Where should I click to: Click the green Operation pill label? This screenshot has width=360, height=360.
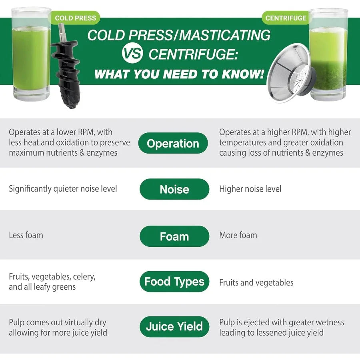pyautogui.click(x=173, y=143)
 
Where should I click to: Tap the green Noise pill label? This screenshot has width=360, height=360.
pyautogui.click(x=174, y=189)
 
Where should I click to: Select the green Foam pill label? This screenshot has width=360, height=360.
pyautogui.click(x=174, y=236)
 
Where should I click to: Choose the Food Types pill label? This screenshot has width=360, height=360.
pyautogui.click(x=174, y=282)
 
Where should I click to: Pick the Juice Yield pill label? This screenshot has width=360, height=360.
pyautogui.click(x=174, y=327)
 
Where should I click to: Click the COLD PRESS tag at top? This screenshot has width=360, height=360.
pyautogui.click(x=75, y=18)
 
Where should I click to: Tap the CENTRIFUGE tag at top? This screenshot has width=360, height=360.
pyautogui.click(x=286, y=18)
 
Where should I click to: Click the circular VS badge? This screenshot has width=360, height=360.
pyautogui.click(x=132, y=54)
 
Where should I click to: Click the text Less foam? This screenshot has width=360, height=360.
pyautogui.click(x=26, y=235)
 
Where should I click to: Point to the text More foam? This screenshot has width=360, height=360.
pyautogui.click(x=238, y=235)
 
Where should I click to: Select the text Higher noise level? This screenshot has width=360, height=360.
pyautogui.click(x=250, y=189)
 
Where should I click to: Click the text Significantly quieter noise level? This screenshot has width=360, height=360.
pyautogui.click(x=63, y=189)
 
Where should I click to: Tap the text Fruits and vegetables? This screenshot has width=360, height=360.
pyautogui.click(x=256, y=282)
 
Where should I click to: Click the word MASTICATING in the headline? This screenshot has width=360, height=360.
pyautogui.click(x=224, y=35)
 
